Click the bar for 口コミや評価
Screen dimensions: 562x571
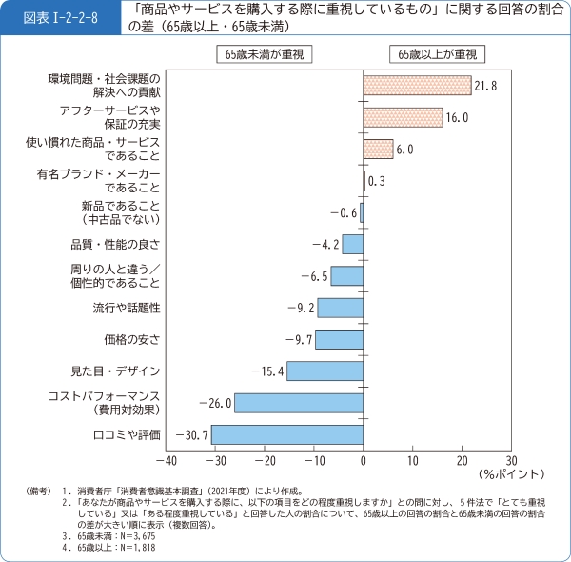tap(287, 435)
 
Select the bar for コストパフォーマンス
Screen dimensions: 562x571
tap(299, 403)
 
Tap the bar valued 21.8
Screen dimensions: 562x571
tap(417, 86)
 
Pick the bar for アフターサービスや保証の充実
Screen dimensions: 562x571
tap(403, 117)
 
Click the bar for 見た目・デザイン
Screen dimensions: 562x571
tap(325, 371)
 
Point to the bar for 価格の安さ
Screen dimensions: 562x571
tap(339, 339)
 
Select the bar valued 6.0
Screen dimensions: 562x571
tap(378, 149)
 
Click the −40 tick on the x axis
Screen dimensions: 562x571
tap(167, 459)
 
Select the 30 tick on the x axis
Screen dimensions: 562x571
tap(511, 459)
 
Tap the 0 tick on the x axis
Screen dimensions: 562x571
tap(364, 459)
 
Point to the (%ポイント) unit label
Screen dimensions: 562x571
tap(513, 473)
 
